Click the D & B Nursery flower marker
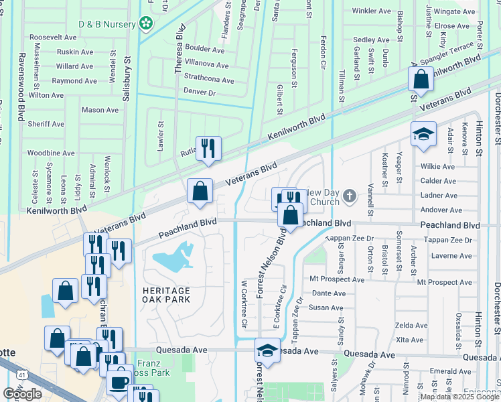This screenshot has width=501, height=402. pyautogui.click(x=146, y=24)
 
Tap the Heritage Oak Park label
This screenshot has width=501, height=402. pyautogui.click(x=166, y=295)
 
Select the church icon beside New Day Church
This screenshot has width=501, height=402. pyautogui.click(x=348, y=196)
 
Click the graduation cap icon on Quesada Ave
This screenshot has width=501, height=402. pyautogui.click(x=267, y=350)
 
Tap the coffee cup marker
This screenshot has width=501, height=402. pyautogui.click(x=119, y=383)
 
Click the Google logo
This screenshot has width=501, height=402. pyautogui.click(x=22, y=394)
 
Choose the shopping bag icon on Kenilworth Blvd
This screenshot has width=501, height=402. pyautogui.click(x=421, y=79)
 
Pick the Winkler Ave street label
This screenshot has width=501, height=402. pyautogui.click(x=371, y=11)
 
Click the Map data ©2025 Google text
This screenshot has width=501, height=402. pyautogui.click(x=459, y=397)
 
